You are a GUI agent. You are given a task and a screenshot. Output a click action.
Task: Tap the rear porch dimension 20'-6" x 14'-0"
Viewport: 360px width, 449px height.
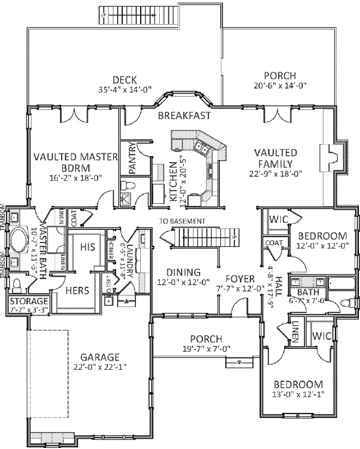(x=280, y=86)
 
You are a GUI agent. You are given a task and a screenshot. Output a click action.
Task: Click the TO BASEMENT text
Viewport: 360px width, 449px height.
(x=182, y=221)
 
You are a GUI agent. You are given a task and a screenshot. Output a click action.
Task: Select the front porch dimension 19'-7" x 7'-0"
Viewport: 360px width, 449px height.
(x=205, y=349)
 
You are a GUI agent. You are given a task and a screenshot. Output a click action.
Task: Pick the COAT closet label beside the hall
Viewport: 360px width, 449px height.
(x=274, y=243)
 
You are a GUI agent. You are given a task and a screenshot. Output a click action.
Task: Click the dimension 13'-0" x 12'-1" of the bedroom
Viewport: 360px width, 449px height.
(x=298, y=395)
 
